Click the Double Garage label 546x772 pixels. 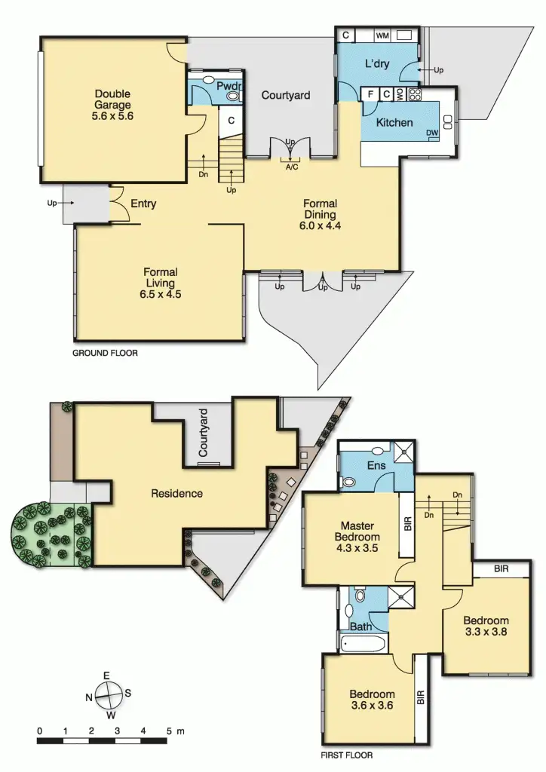(x=113, y=105)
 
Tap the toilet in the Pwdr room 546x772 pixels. (x=233, y=96)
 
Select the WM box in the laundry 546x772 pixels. (x=382, y=35)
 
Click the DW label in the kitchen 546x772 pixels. (x=432, y=133)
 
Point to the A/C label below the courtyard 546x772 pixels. (x=291, y=167)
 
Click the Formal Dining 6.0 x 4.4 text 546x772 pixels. (x=321, y=214)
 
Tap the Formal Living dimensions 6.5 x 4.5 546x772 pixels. (x=160, y=295)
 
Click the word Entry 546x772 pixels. (x=143, y=204)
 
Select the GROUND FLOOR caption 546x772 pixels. (x=105, y=352)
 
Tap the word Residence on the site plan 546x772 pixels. (x=176, y=494)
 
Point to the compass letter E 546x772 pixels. (x=107, y=675)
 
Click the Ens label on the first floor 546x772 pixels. (x=376, y=466)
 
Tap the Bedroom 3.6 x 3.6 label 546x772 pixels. (x=372, y=700)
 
